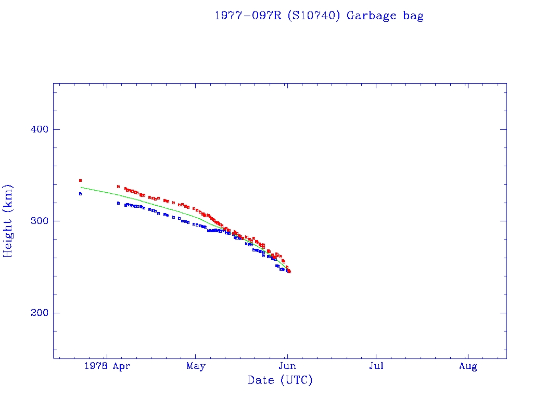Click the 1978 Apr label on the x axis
106,366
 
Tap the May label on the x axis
196,366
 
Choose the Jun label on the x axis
287,366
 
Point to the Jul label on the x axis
376,366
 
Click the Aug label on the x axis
468,366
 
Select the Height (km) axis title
8,220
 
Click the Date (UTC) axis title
280,380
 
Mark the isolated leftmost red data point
80,180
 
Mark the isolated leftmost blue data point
80,194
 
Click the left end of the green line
81,187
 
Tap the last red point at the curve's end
289,272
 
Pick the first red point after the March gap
118,187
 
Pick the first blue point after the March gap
118,203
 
